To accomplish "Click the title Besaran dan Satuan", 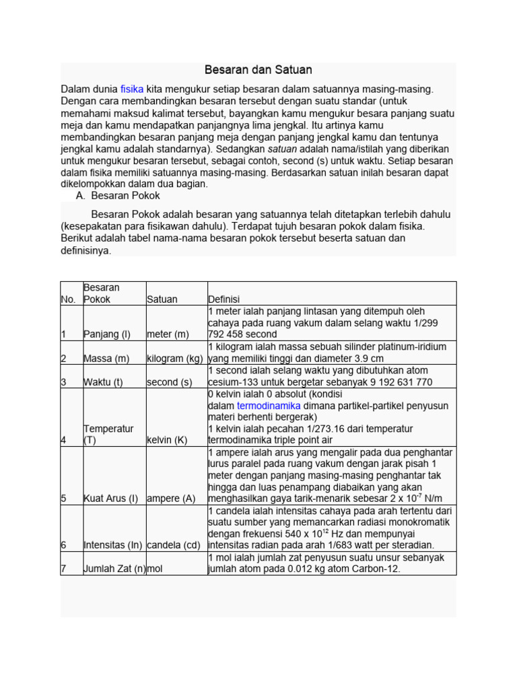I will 258,70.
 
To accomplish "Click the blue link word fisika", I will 132,89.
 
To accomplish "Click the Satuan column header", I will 162,299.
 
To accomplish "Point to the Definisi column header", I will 224,299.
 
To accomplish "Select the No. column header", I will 69,299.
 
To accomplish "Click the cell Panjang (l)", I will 107,334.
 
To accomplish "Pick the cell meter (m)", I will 168,334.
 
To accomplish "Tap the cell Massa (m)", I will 106,359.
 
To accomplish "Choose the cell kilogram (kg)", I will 174,359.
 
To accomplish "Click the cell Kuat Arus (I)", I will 110,499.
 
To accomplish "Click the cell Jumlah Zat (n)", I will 114,569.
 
